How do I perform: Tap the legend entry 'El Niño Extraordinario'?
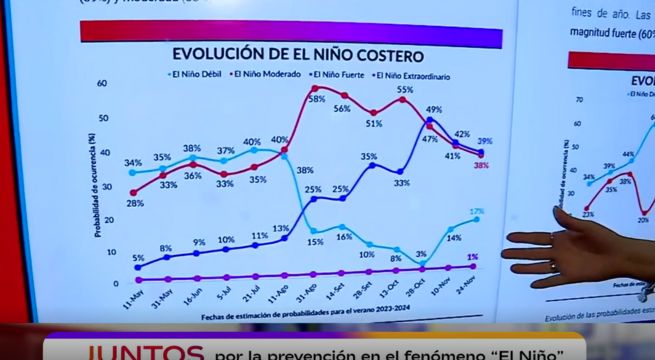[411, 75]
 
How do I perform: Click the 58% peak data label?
[317, 99]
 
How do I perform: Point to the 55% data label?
[404, 90]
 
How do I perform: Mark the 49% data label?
[434, 110]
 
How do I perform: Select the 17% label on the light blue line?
[477, 212]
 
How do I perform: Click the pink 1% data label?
[471, 257]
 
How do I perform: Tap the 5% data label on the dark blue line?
[137, 257]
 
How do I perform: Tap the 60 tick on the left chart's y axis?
[103, 85]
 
